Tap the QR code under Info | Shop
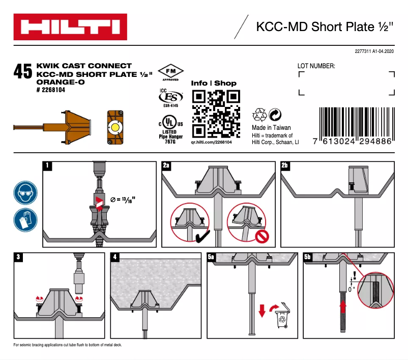215,114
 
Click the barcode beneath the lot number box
355,122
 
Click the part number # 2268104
51,90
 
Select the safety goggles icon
25,193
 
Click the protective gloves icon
25,220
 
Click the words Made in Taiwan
271,128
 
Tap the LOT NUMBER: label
316,66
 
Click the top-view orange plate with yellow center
115,127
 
